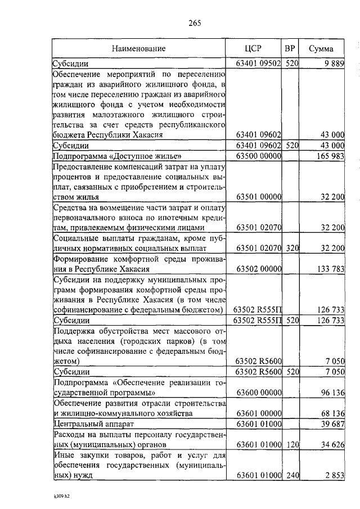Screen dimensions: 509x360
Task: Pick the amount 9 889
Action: click(x=332, y=64)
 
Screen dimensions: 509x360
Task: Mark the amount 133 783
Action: click(x=328, y=269)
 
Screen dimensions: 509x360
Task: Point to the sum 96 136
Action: click(x=330, y=393)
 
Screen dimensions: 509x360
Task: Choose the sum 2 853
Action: click(x=332, y=476)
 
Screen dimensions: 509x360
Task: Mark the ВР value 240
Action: click(x=290, y=476)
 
